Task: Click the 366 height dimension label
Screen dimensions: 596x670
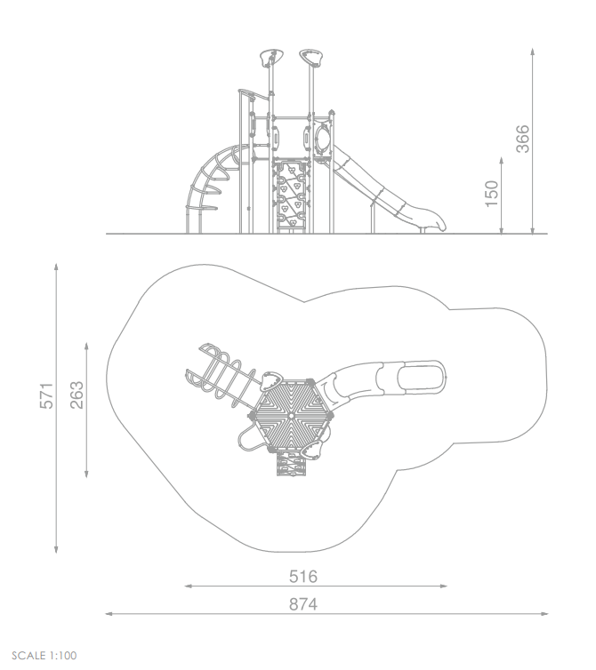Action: click(x=522, y=139)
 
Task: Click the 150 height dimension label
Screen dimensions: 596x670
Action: click(x=492, y=194)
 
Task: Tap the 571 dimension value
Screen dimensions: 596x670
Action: click(x=46, y=396)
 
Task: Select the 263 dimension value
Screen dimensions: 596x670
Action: click(x=77, y=395)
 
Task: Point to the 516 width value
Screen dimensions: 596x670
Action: click(x=303, y=577)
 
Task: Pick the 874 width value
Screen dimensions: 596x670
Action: click(x=303, y=604)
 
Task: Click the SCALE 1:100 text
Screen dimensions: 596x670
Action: click(x=44, y=656)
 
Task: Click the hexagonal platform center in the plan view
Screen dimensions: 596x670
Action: click(x=292, y=415)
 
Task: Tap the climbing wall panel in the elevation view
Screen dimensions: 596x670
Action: click(x=292, y=195)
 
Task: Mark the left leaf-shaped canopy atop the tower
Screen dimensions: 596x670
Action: click(x=271, y=56)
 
